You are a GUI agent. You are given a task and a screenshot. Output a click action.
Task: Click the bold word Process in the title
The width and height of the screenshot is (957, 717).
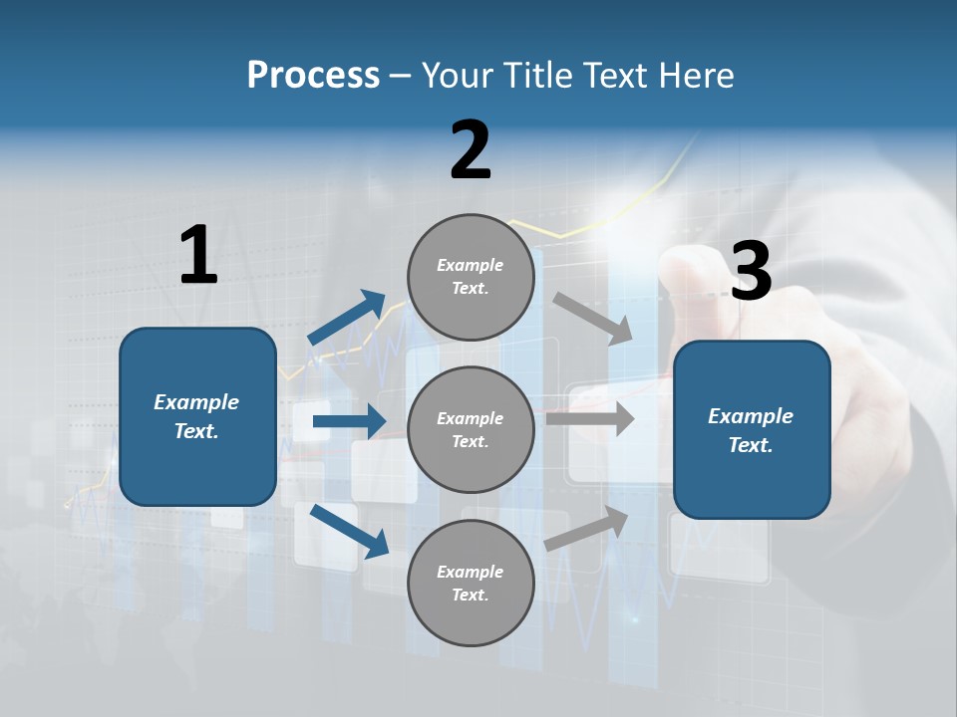click(313, 76)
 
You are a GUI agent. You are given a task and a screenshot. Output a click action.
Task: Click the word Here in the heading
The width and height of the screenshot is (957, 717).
click(694, 76)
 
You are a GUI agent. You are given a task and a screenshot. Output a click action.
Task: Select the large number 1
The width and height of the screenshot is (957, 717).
click(198, 255)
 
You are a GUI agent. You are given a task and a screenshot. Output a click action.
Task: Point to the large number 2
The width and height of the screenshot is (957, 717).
click(471, 150)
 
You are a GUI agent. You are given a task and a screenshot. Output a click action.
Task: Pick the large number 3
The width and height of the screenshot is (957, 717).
click(751, 272)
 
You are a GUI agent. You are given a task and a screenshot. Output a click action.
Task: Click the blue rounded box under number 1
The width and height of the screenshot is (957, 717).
click(197, 416)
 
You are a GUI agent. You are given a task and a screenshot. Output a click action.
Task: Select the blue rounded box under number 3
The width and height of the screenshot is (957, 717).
click(752, 430)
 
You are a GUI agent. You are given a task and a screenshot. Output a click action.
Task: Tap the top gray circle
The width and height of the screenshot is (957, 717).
click(471, 277)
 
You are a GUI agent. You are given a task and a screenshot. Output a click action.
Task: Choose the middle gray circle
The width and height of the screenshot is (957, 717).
click(471, 430)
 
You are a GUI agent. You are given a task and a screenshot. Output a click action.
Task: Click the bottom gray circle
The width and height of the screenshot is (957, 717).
click(471, 584)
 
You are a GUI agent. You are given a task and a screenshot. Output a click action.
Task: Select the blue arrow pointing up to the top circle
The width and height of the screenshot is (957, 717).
click(348, 318)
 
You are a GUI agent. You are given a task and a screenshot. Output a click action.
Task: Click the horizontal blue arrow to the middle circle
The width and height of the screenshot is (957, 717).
click(349, 421)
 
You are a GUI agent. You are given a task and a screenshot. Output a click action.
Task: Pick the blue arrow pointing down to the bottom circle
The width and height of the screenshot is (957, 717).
click(350, 531)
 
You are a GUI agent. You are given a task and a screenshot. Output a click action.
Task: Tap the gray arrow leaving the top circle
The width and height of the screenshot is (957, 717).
click(593, 318)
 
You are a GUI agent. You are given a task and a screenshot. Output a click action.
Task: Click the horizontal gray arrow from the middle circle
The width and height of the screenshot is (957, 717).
click(590, 418)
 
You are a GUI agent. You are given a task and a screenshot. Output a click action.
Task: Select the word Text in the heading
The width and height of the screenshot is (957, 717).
click(614, 76)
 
